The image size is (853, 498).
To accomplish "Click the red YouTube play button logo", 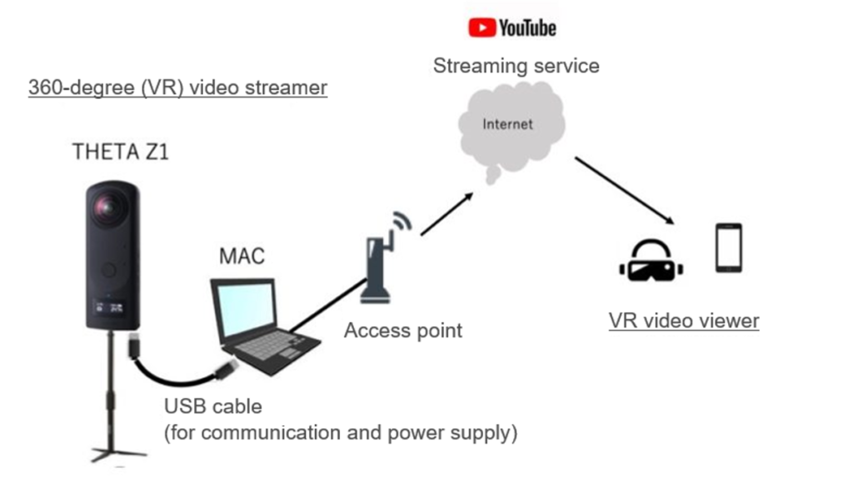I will (x=481, y=27).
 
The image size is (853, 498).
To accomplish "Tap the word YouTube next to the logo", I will (x=527, y=27).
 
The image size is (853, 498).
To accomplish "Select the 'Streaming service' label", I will (x=516, y=66).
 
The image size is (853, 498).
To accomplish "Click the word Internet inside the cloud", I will (x=508, y=125).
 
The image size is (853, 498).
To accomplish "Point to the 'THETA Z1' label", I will (x=121, y=152).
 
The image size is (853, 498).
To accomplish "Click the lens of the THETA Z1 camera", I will (x=108, y=207).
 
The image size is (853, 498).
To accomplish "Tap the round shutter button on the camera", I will (x=109, y=270).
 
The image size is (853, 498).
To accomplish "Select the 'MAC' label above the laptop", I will (x=242, y=255).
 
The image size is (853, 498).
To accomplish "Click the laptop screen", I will (x=245, y=306).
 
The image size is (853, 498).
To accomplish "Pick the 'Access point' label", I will (x=403, y=331).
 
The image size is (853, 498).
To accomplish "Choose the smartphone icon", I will (x=729, y=247).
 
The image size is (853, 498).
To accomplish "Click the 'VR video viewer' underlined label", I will (x=684, y=320).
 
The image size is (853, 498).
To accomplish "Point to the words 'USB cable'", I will (x=212, y=407).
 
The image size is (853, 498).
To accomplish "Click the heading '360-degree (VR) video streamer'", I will (x=177, y=87).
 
